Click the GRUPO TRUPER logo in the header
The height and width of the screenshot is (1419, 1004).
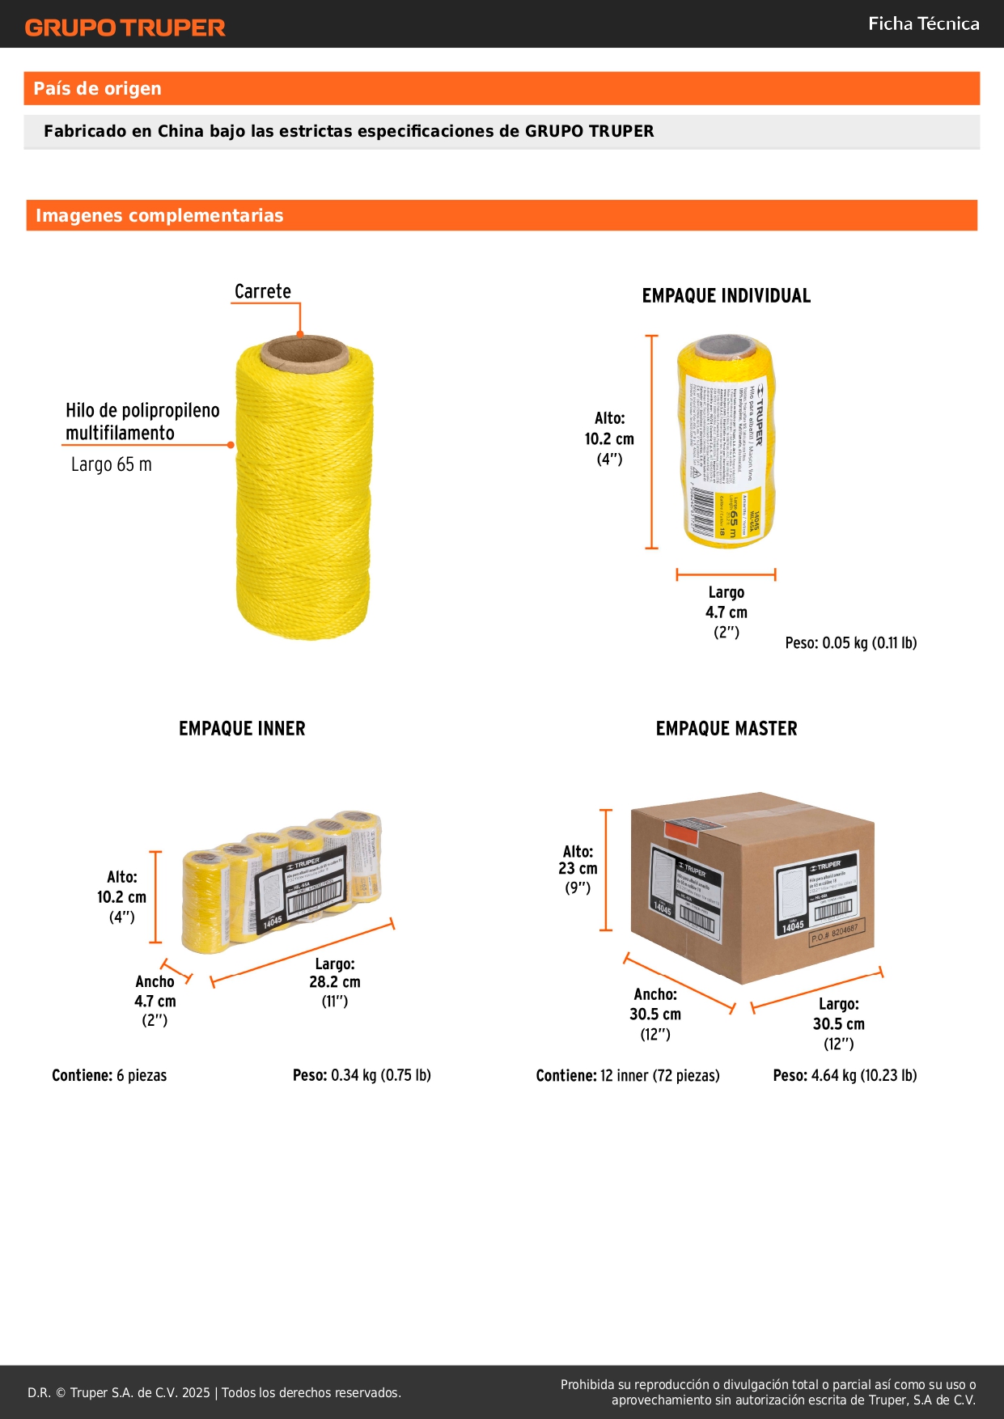click(x=125, y=28)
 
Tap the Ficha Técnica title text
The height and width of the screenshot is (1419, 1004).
click(x=923, y=24)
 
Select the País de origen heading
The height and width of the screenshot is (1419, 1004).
click(x=97, y=89)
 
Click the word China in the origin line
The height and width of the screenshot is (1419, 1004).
click(x=180, y=131)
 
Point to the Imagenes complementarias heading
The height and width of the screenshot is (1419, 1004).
click(x=159, y=216)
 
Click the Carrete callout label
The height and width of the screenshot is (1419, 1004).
click(x=262, y=291)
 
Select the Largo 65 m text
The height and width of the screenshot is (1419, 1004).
click(x=111, y=464)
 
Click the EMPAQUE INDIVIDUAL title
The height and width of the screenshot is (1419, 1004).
click(x=726, y=296)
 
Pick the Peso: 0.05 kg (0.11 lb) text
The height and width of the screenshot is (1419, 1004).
click(x=850, y=643)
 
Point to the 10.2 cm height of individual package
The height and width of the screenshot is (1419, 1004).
click(x=609, y=439)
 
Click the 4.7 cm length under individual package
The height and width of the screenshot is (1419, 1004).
click(x=726, y=612)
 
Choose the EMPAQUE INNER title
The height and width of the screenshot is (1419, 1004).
click(x=242, y=729)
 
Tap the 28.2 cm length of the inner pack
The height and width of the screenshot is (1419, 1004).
click(x=334, y=982)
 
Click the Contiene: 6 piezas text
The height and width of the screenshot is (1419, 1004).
click(x=109, y=1075)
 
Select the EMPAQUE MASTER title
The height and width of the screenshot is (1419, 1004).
click(x=726, y=729)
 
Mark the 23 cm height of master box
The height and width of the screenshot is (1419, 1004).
click(x=578, y=869)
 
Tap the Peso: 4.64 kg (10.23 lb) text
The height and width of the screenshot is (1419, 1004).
click(x=845, y=1075)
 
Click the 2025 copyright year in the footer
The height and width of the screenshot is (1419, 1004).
click(x=196, y=1392)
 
